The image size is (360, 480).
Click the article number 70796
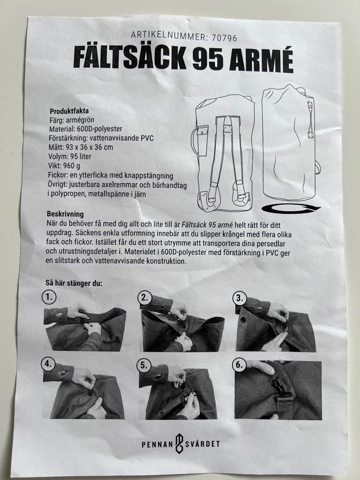coord(225,38)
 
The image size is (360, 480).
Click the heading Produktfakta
coord(69,111)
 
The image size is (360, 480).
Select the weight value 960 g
coord(71,166)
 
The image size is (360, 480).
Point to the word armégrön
coord(80,120)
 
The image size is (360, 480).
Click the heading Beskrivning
coord(65,214)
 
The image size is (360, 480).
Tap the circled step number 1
coord(49,297)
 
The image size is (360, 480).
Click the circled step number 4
coord(48,364)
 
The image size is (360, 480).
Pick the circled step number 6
coord(239,365)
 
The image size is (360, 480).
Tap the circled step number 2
coord(145,298)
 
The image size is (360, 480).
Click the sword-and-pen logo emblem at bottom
coord(179,443)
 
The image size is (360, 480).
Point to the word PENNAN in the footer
coord(157,444)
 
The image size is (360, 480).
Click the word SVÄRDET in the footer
coord(202,444)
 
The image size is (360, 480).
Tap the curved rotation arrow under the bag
coord(290,209)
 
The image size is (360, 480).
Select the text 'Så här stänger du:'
coord(74,283)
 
